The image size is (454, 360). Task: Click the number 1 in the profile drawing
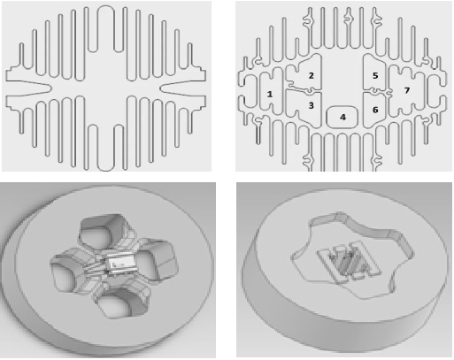coord(269,95)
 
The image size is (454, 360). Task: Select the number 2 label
coord(311,76)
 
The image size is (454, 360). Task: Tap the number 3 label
coord(311,105)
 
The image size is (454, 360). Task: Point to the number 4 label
coord(342,118)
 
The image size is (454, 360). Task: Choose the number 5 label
coord(375,76)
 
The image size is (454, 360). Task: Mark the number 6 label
coord(375,110)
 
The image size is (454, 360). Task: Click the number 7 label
coord(407,90)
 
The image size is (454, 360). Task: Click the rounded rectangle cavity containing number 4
coord(342,117)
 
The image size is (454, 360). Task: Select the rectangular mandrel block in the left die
coord(118,264)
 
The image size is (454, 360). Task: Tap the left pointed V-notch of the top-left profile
coord(29,88)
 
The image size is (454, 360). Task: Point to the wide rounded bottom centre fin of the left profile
coord(105,148)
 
